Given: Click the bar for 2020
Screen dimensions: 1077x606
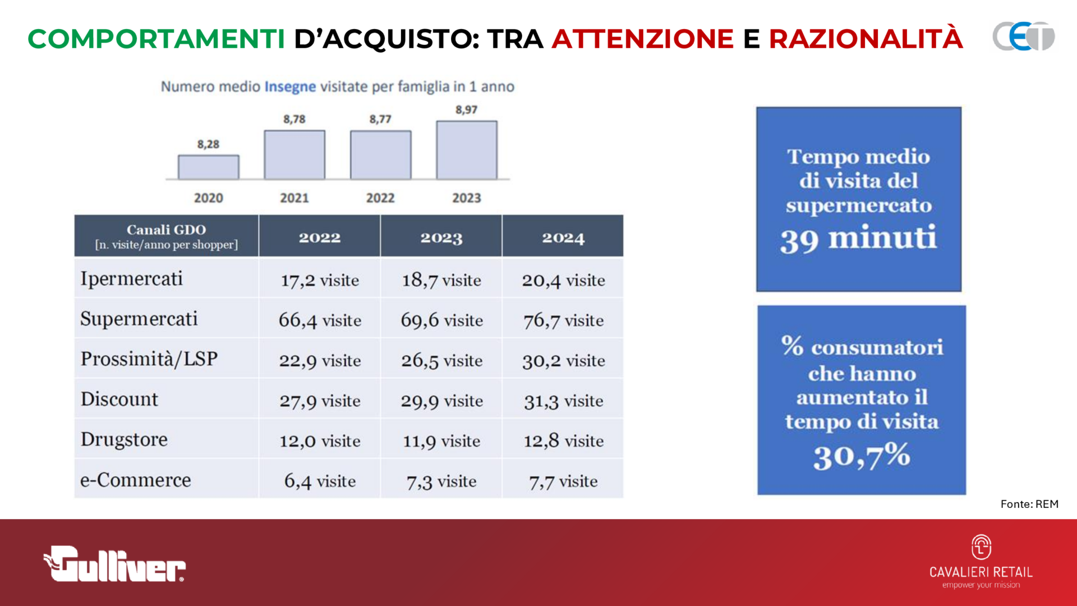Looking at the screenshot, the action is (x=208, y=167).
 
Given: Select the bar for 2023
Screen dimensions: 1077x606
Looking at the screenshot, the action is (x=467, y=150).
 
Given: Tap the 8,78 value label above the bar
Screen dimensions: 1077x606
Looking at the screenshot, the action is (x=294, y=119).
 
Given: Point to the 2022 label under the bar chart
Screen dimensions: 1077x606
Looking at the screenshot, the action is (x=380, y=198).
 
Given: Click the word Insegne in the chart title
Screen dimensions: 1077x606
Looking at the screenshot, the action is (x=290, y=86).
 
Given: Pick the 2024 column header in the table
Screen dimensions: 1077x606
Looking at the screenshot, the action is (x=563, y=238).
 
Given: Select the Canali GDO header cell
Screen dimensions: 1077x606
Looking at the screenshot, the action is (x=167, y=236).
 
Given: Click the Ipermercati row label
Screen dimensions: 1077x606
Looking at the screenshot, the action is (x=132, y=279).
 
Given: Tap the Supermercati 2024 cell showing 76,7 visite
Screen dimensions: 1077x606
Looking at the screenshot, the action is (x=563, y=320).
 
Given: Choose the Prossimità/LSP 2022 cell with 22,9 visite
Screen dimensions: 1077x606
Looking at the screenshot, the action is (x=320, y=361).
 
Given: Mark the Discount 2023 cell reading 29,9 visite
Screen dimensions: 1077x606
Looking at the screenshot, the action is (x=441, y=401).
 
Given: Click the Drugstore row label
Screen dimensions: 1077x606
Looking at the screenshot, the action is (x=124, y=439).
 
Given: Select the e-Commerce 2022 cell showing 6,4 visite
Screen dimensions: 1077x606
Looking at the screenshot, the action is (x=320, y=481).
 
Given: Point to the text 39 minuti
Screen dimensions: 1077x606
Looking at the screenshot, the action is (x=858, y=239).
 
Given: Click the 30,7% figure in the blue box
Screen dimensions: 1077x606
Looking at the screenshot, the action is (x=862, y=456).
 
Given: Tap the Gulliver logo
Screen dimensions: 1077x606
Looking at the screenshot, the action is (x=114, y=564).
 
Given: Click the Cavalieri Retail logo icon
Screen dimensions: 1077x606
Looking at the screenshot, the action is (x=981, y=547).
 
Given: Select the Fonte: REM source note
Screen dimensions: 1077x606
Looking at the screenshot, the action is (x=1029, y=504).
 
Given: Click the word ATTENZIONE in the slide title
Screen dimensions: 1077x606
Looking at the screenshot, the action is (x=643, y=39).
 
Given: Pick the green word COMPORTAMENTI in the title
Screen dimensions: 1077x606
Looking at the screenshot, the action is (x=157, y=39).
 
